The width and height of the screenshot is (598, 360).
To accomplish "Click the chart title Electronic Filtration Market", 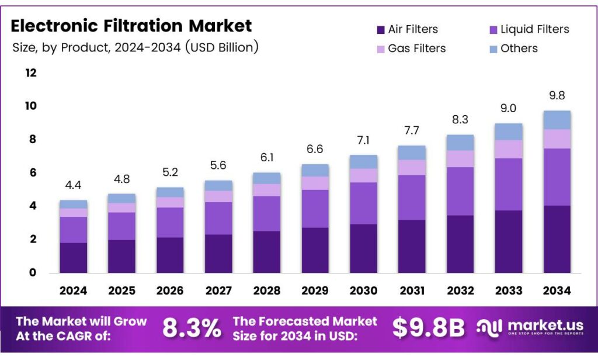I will coord(131,26).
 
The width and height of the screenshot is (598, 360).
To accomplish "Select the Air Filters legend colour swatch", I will coord(380,30).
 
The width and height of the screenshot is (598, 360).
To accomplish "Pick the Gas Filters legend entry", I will coord(416,49).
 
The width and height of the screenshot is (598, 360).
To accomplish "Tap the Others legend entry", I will coord(519,49).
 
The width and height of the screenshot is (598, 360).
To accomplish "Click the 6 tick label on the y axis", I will coord(33,173).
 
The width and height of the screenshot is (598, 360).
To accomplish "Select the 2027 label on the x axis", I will coord(218,290).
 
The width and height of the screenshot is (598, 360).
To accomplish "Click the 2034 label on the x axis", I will coord(556,290).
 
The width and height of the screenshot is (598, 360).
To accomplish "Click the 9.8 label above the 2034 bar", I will coord(556,96).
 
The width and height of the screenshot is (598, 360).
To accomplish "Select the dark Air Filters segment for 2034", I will coord(556,239).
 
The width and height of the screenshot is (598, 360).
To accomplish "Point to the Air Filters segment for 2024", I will coord(73,258).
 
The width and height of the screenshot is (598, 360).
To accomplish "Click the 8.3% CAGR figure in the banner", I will coord(192,328).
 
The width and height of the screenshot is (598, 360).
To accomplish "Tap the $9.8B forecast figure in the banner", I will coord(428,328).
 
